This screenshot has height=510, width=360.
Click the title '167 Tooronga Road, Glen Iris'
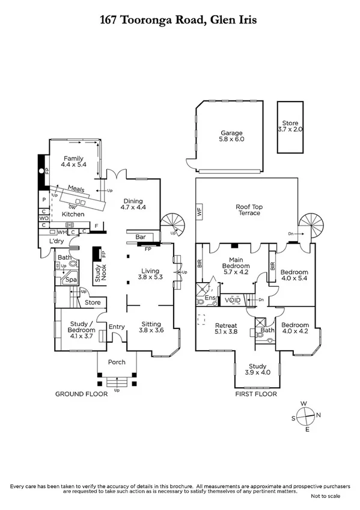pos(180,20)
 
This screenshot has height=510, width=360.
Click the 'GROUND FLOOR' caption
pos(81,395)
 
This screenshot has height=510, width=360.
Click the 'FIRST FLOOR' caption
pos(257,395)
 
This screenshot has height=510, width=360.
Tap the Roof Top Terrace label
pos(248,209)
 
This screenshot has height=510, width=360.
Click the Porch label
pos(117,362)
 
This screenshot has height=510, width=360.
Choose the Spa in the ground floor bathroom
pos(71,280)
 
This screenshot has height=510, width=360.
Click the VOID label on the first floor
pos(233,300)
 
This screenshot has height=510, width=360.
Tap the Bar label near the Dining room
pos(142,237)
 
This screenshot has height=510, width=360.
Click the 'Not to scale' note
pos(325,496)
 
